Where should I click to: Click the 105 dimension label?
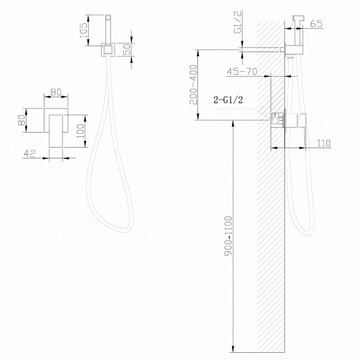coord(83,31)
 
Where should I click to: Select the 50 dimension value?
coord(127,49)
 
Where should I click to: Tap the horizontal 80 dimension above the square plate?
coord(56,92)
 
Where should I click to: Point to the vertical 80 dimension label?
coord(22,120)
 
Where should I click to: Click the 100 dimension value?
coord(80,131)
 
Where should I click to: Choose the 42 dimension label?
coord(29,154)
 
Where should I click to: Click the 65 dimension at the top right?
coord(316,23)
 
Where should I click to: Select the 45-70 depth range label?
coord(242,71)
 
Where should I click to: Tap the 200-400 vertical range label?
coord(193,85)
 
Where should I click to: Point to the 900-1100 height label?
coord(229,236)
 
